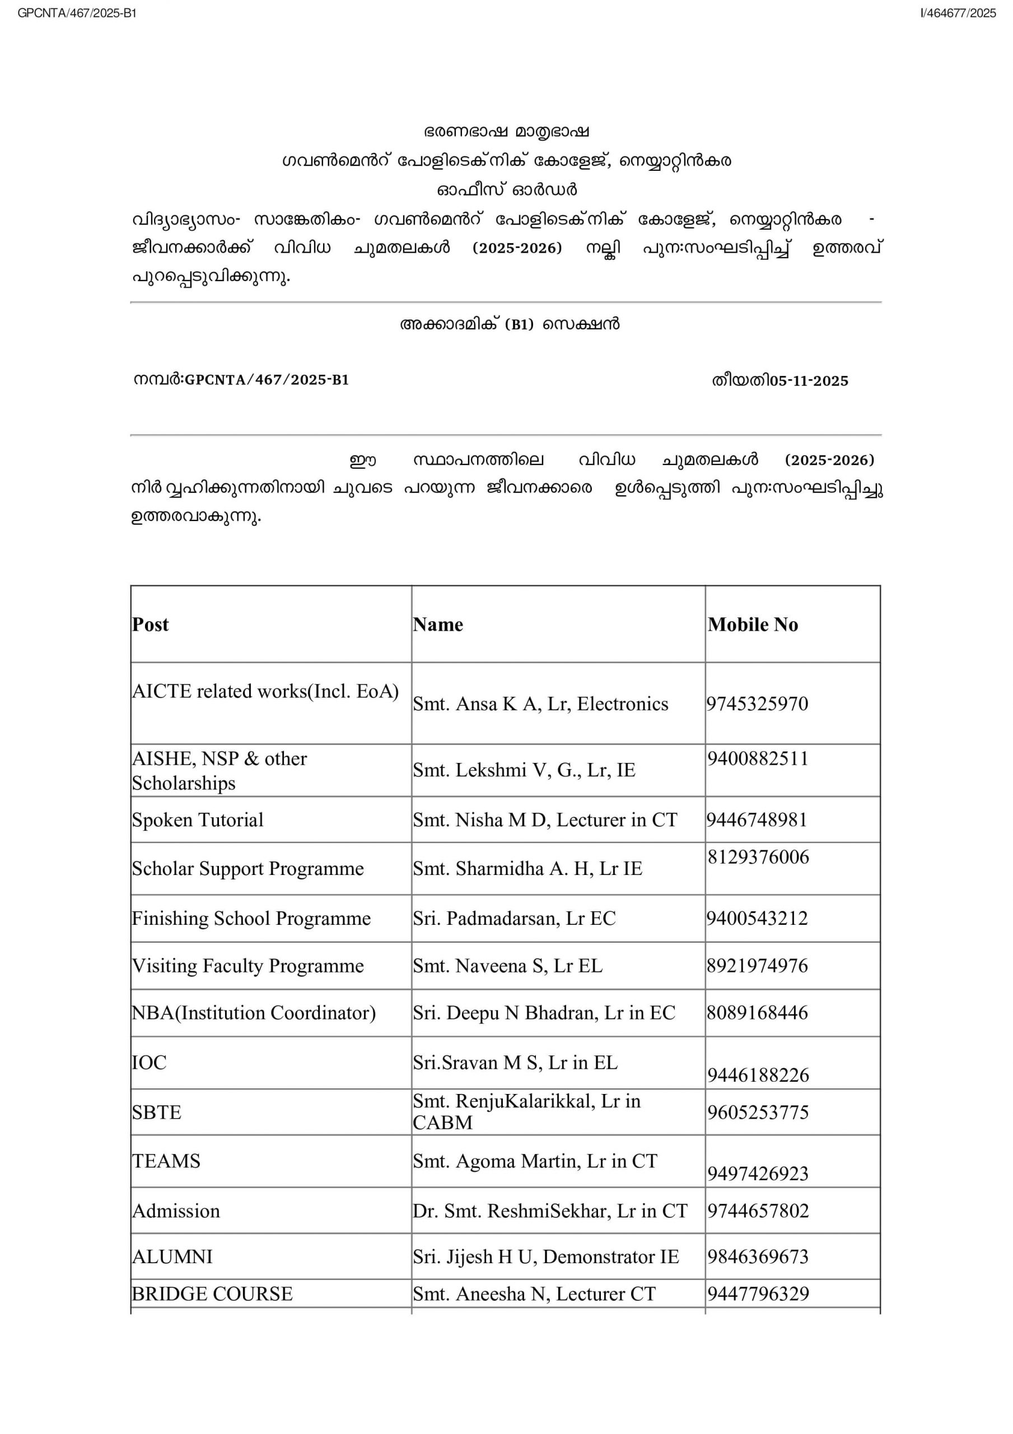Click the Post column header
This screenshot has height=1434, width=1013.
(151, 625)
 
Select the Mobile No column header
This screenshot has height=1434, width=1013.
(753, 625)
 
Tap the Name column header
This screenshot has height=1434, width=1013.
(438, 625)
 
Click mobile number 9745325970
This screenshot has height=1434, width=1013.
(757, 704)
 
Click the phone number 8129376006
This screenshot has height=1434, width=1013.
(758, 857)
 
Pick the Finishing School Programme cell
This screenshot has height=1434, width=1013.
(251, 918)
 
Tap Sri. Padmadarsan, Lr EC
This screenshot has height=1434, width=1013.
(514, 918)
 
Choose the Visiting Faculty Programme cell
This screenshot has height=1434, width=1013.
(248, 966)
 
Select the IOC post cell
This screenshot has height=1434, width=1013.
(150, 1063)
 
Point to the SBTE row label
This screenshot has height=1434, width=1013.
(157, 1112)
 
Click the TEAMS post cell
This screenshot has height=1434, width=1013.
(166, 1161)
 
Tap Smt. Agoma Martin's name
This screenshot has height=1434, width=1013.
(535, 1161)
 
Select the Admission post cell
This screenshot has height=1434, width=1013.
(176, 1211)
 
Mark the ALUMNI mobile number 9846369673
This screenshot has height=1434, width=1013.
(758, 1256)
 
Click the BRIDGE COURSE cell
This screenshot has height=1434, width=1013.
(212, 1293)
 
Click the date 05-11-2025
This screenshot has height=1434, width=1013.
(809, 381)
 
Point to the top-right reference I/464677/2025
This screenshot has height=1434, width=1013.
(958, 13)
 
